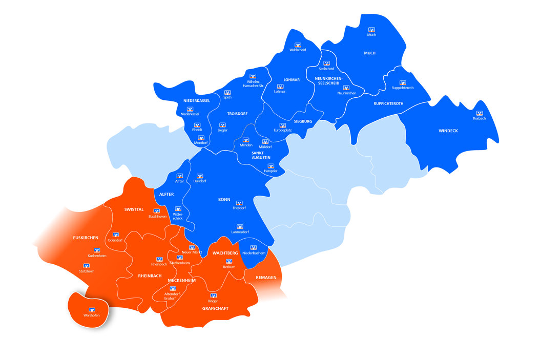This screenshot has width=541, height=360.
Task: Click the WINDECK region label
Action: coord(448,131)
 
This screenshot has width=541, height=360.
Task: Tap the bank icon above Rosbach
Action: coord(480,113)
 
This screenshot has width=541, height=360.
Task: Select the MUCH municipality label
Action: coord(369,53)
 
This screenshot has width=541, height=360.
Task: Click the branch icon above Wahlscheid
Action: coord(298,45)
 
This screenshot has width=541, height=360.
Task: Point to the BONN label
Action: coord(224,199)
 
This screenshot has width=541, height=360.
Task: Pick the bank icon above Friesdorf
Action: coord(239,203)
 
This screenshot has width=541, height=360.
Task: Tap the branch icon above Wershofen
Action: coord(92,310)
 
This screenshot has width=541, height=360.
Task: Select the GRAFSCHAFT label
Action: coord(215,308)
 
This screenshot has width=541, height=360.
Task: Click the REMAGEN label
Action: coord(266,278)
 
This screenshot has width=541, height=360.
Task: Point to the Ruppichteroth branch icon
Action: coord(402,82)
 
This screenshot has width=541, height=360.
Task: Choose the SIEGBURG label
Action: coord(303,121)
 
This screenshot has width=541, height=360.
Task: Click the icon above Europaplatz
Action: coord(282,125)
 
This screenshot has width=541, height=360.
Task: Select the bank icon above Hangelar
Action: coord(270,166)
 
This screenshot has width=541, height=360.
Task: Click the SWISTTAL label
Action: coord(134,209)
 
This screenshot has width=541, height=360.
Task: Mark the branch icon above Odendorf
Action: coord(115,235)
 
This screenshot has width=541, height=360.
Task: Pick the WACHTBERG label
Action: coord(225,253)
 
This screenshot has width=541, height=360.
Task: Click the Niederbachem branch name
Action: coord(254,253)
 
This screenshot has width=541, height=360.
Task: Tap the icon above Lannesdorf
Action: coord(239,226)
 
